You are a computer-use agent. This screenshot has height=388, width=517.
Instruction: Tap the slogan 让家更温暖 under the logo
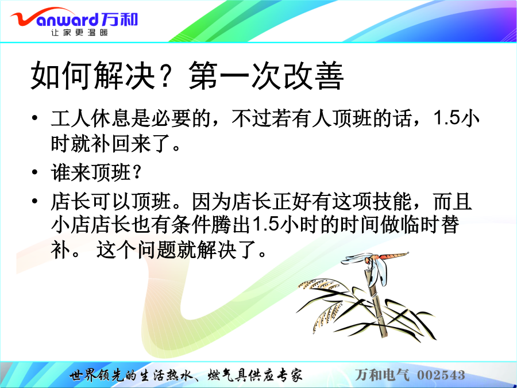79,32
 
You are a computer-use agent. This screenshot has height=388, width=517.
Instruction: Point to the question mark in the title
171,76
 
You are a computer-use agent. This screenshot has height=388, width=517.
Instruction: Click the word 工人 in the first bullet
71,118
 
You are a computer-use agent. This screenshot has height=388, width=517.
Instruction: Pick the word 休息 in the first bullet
111,118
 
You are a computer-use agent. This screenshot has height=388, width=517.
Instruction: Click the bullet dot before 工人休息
34,118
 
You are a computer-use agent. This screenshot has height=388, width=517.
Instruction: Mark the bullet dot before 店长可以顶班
34,201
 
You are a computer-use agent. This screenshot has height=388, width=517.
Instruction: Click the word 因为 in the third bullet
211,201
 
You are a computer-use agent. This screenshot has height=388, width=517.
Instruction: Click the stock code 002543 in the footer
441,375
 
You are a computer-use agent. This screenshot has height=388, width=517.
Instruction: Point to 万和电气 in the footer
382,375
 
